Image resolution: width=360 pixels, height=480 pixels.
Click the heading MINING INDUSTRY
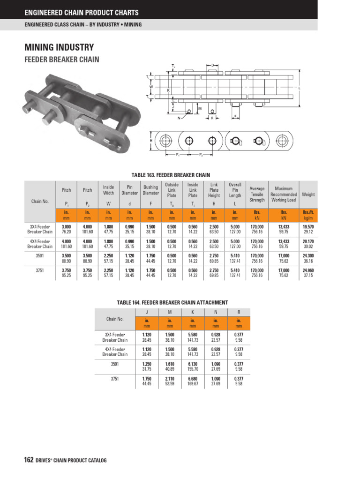(59, 47)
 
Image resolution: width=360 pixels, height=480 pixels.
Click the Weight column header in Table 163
(308, 194)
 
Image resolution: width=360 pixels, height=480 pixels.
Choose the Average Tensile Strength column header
(257, 194)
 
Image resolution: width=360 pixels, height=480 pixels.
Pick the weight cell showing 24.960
(308, 270)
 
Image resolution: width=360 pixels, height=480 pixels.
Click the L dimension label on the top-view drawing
(299, 88)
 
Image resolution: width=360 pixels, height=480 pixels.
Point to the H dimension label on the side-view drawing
(151, 141)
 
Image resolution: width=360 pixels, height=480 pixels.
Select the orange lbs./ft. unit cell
(308, 212)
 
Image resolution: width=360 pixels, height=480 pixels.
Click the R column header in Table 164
(239, 312)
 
